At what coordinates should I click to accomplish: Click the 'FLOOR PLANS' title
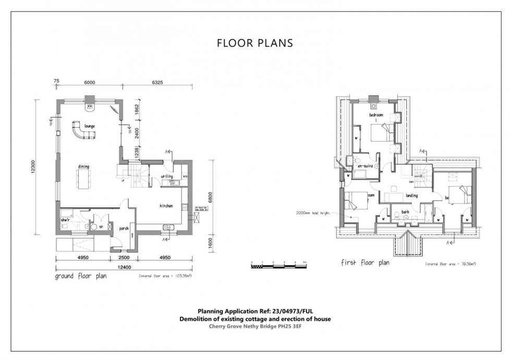pyautogui.click(x=255, y=43)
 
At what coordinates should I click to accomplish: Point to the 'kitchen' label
pyautogui.click(x=166, y=206)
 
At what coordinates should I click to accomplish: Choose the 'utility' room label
pyautogui.click(x=167, y=176)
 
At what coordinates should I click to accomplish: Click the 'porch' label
pyautogui.click(x=124, y=228)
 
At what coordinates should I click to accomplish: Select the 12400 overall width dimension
pyautogui.click(x=124, y=267)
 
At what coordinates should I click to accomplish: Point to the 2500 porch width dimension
pyautogui.click(x=124, y=258)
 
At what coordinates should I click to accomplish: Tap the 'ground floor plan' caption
pyautogui.click(x=81, y=277)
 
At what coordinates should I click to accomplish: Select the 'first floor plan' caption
pyautogui.click(x=365, y=263)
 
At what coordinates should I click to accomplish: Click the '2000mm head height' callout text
pyautogui.click(x=313, y=213)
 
